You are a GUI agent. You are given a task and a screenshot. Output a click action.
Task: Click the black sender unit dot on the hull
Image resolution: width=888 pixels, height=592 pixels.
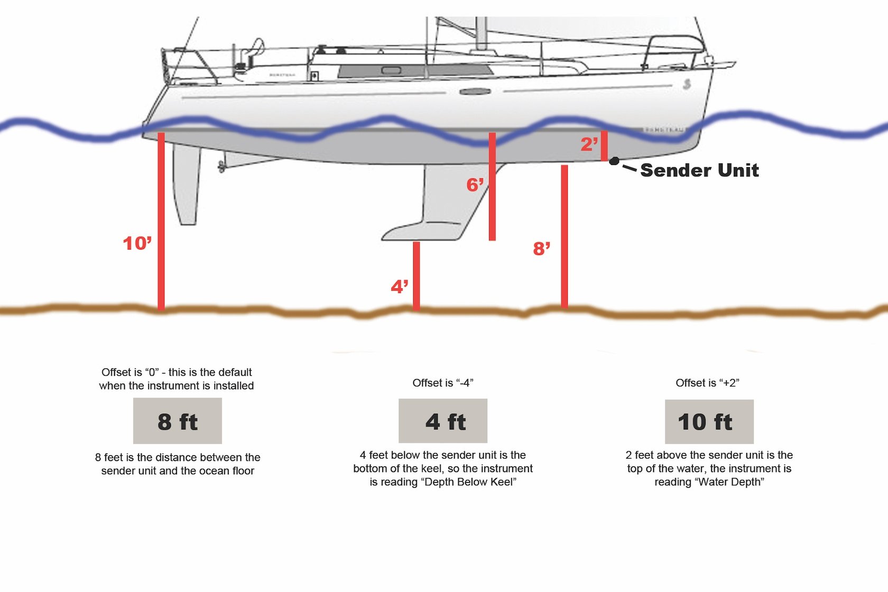pos(614,161)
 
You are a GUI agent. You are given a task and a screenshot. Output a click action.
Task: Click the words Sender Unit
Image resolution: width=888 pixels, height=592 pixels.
pos(699,170)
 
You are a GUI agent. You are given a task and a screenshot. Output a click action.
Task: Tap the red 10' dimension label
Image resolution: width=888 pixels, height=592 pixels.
pos(137,243)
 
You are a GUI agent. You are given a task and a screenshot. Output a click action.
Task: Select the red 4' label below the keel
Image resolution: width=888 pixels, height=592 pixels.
pos(399,287)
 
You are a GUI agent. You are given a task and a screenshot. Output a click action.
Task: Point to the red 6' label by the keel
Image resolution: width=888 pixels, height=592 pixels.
pos(475,185)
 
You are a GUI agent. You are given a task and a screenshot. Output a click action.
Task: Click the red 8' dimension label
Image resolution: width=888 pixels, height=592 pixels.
pos(541,249)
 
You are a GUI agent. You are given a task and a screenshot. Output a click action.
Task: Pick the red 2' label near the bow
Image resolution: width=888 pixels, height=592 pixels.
pos(589,144)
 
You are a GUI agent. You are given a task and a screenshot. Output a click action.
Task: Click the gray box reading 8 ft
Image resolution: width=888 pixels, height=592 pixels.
pos(178,421)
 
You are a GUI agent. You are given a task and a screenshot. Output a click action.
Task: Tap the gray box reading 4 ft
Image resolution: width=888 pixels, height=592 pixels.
pos(443,421)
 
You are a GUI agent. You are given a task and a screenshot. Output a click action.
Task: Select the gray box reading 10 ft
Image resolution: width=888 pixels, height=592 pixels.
pos(709,422)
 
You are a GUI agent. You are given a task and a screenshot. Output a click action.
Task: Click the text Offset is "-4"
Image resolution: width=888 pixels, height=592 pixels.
pos(443,383)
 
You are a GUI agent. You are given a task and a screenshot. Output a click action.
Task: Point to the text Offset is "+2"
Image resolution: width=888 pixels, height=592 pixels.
pos(707,383)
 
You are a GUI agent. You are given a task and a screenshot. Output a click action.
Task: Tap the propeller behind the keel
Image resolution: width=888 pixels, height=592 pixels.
pos(221,167)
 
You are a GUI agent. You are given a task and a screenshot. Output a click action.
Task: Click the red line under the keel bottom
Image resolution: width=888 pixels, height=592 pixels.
pos(417,275)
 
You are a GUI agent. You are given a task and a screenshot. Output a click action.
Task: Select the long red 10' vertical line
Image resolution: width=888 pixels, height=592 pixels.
pos(161,222)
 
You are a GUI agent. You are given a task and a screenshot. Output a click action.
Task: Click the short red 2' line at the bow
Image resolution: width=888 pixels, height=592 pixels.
pos(604,145)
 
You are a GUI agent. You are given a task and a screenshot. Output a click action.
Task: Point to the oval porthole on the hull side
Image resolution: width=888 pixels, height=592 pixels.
pos(475,92)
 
